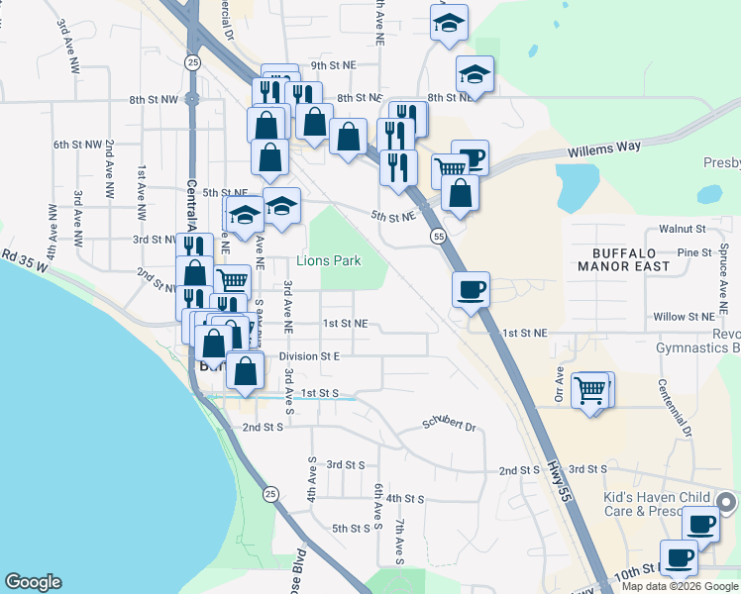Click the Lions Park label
click(x=329, y=261)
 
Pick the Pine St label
click(x=694, y=253)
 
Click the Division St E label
click(x=309, y=355)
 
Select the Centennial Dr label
click(x=675, y=407)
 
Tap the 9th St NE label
click(x=333, y=65)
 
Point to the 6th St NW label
click(x=78, y=145)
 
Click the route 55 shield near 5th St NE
click(x=437, y=236)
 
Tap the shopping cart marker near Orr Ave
click(x=591, y=390)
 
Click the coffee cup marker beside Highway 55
click(x=471, y=289)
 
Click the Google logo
click(x=34, y=582)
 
